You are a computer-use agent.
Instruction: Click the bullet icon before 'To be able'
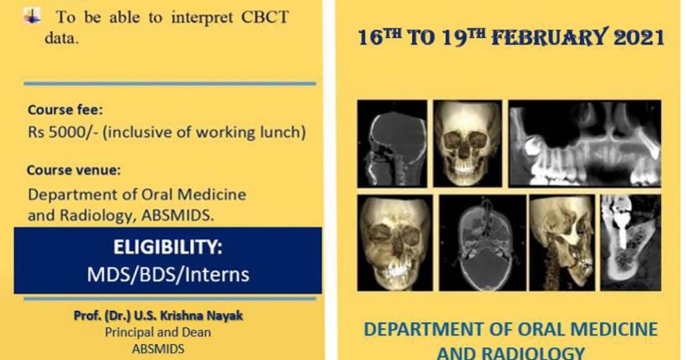pos(32,16)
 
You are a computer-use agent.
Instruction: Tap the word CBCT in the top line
pos(265,17)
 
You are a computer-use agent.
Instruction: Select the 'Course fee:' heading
pos(65,110)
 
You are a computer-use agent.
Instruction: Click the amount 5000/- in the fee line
pos(74,133)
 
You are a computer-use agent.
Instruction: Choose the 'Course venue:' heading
pos(74,170)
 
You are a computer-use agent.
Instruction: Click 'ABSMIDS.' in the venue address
pos(178,215)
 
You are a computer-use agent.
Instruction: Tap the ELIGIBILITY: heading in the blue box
pos(168,247)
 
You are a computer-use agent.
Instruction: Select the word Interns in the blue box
pos(217,274)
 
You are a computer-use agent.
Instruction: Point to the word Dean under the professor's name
pos(196,333)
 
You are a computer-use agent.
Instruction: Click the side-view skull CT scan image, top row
pos(392,143)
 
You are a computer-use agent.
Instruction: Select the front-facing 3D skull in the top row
pos(468,143)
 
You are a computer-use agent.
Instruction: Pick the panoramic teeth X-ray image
pos(585,143)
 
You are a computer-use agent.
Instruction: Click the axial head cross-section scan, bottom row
pos(482,243)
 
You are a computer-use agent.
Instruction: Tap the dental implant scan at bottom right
pos(631,243)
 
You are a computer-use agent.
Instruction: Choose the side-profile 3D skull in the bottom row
pos(563,243)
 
